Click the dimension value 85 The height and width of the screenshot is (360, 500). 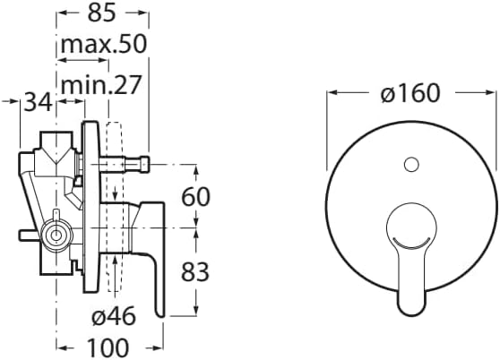[101, 13]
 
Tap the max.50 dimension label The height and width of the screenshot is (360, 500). [104, 44]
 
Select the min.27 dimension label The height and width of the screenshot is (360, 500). [100, 85]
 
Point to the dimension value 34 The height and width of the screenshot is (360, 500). [38, 102]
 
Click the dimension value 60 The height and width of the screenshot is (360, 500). [195, 196]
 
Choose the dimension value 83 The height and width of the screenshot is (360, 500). [195, 271]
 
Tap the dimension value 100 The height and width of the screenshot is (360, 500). [108, 347]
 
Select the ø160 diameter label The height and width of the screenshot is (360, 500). [410, 93]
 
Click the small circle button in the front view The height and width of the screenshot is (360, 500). [411, 165]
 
